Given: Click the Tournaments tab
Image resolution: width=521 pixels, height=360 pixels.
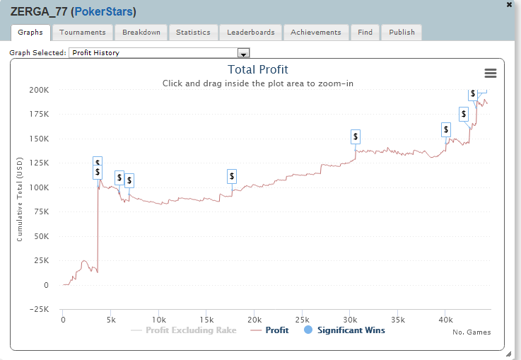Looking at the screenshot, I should (82, 33).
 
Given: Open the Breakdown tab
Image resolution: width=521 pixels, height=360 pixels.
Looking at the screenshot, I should (141, 33).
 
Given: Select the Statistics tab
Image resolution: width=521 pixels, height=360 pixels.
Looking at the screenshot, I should (193, 33).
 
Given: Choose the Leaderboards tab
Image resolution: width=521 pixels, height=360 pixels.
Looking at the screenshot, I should (251, 33).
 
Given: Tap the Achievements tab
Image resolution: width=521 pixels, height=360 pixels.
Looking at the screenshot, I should (316, 33).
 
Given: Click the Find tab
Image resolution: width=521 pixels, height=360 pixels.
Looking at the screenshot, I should (365, 33).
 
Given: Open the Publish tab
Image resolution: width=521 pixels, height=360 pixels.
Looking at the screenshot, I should (402, 33).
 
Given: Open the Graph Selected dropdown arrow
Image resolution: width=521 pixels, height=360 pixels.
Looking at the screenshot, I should (244, 53).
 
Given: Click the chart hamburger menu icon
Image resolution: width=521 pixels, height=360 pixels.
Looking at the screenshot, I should (490, 73).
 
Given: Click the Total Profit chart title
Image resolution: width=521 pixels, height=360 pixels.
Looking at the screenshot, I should (258, 69).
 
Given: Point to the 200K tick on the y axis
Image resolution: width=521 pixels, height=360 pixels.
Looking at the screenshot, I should (37, 90).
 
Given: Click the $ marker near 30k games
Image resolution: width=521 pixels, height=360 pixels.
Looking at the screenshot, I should (356, 137).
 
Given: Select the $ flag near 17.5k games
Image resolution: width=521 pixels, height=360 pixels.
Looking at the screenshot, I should (232, 176).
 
